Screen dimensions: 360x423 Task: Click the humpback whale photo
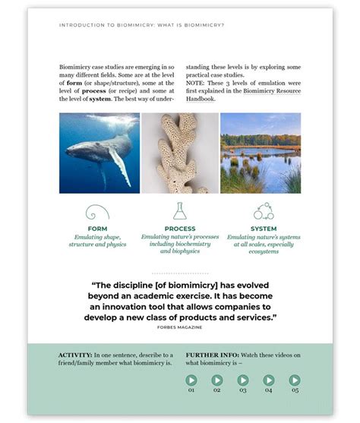[x=99, y=153]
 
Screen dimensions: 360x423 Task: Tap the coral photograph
[x=180, y=153]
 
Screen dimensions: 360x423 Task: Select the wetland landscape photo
[x=261, y=153]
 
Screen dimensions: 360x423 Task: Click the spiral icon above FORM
[x=97, y=211]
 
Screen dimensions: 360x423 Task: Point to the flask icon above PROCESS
[x=180, y=210]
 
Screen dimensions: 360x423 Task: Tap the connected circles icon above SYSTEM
[x=264, y=210]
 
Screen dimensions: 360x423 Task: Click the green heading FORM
[x=97, y=229]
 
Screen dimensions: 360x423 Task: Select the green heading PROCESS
[x=180, y=229]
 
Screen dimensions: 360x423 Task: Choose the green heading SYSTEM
[x=264, y=229]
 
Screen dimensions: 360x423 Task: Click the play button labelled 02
[x=217, y=380]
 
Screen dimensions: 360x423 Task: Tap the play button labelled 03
[x=243, y=380]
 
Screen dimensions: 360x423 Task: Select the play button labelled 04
[x=269, y=380]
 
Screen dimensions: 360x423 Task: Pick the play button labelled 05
[x=295, y=380]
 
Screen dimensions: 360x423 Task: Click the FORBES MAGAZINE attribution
[x=179, y=328]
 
